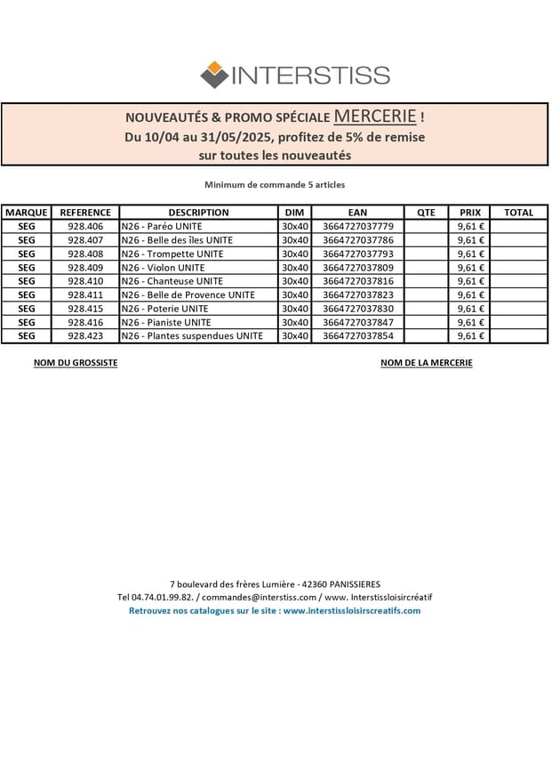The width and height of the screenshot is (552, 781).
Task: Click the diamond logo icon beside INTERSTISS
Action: [x=214, y=75]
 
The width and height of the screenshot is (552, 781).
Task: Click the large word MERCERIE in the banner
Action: [x=375, y=117]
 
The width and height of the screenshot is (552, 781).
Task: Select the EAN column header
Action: [x=357, y=213]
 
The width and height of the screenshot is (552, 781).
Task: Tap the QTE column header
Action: [x=427, y=213]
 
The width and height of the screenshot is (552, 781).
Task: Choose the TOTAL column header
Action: [x=518, y=213]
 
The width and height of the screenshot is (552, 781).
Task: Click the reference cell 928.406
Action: [x=85, y=227]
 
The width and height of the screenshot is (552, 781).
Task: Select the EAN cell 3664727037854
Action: [x=357, y=336]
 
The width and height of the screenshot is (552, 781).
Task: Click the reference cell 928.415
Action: [x=85, y=309]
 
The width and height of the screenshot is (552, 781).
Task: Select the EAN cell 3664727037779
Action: [x=357, y=227]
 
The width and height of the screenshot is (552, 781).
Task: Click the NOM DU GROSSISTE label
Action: [x=76, y=363]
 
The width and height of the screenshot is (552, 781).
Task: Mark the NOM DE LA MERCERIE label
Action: [x=426, y=363]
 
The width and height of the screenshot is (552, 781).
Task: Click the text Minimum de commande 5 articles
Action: [x=275, y=185]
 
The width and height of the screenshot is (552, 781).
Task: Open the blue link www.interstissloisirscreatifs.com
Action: [x=351, y=610]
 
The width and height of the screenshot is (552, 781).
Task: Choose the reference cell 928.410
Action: [x=85, y=281]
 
